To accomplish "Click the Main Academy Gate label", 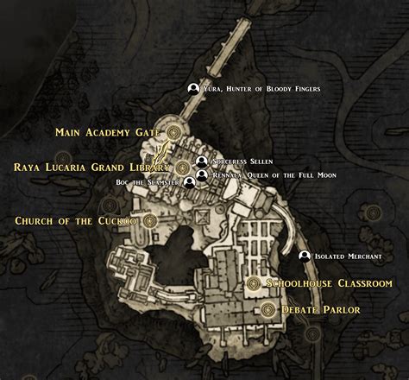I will [x=107, y=132].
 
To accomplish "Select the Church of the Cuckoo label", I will [x=76, y=221].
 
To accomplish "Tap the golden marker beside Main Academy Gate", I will [x=173, y=132].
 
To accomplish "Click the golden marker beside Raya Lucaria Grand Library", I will [x=183, y=167].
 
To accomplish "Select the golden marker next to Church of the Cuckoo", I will [x=149, y=221].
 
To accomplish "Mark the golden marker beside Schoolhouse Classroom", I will [x=254, y=283].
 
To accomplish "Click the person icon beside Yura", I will [x=193, y=89].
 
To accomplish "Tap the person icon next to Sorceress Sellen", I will [x=202, y=161].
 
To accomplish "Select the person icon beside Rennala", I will [x=202, y=175].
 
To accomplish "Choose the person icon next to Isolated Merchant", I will [x=304, y=256].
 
